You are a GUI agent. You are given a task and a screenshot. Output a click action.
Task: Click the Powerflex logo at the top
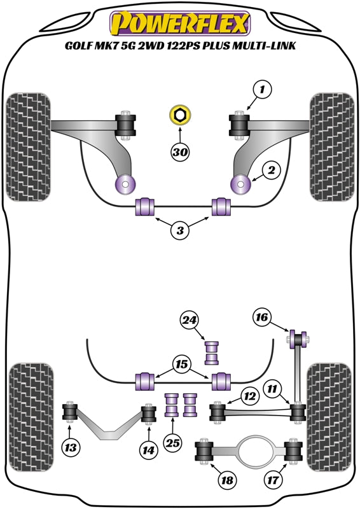179,24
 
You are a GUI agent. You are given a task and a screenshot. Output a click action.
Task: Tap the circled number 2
270,171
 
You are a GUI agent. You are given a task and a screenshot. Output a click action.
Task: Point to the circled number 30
180,152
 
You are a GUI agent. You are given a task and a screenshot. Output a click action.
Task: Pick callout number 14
148,450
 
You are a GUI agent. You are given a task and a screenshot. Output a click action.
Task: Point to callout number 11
272,388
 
